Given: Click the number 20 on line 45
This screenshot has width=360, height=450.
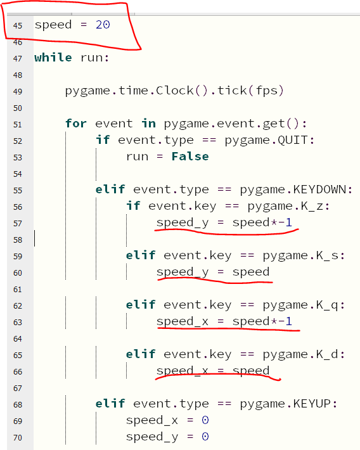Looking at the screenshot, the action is pos(103,25).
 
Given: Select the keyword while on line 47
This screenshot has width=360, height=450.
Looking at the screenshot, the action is pos(53,58).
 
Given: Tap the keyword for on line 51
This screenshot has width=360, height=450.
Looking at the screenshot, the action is pos(76,124).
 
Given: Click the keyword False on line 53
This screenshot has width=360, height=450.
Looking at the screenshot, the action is pos(190,157).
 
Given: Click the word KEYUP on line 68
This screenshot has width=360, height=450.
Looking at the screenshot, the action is pos(312,404).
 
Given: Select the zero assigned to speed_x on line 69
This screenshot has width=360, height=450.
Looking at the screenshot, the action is pos(205,420).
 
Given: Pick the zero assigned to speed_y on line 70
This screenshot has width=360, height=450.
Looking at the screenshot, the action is pos(205,437).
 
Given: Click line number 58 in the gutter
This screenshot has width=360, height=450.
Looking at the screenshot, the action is pos(18,240).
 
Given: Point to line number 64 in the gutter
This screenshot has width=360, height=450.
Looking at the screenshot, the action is pos(18,339).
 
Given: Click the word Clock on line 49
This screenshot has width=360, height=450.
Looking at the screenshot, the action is pos(174,91).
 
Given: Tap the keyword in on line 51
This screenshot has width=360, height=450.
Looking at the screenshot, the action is pos(148,124).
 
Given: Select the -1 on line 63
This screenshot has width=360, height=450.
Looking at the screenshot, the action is pos(285,321).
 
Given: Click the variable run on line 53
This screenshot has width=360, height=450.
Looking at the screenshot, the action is pos(138,157).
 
